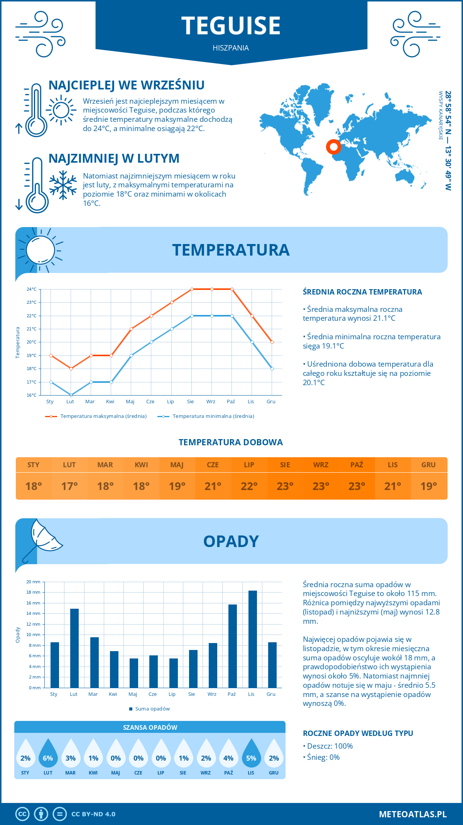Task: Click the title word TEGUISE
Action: [231, 26]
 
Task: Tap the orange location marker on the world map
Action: [334, 146]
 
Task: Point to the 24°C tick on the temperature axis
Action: [32, 289]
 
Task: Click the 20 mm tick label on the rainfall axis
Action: [34, 582]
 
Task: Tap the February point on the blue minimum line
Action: [71, 395]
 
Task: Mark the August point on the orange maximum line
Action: [192, 289]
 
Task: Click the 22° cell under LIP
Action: [249, 486]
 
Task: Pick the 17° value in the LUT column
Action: [69, 486]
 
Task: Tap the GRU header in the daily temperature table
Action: [428, 465]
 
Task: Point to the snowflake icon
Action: [63, 185]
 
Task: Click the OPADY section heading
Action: [231, 541]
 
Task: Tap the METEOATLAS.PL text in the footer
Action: [413, 814]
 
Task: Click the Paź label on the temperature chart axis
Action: [231, 402]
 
